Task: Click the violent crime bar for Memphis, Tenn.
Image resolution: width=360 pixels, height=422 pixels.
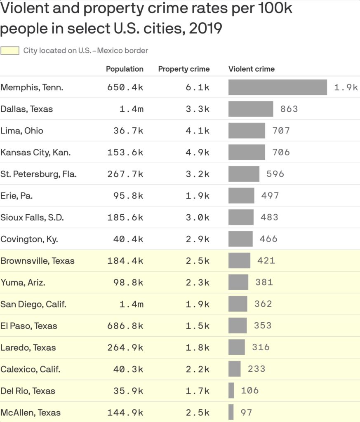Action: (278, 87)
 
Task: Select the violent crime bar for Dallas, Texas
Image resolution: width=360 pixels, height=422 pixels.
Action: (251, 109)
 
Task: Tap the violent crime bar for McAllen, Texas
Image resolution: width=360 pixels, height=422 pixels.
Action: (231, 413)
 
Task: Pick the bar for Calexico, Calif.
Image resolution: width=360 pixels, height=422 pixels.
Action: (234, 369)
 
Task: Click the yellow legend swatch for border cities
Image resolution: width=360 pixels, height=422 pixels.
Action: (10, 51)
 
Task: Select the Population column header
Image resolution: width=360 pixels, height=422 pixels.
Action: (125, 69)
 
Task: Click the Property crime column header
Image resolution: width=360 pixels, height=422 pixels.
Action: (184, 69)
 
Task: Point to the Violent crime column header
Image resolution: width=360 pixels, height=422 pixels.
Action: (252, 69)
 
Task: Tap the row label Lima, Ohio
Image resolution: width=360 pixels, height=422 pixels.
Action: (22, 131)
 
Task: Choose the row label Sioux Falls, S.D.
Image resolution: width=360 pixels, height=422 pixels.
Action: (32, 218)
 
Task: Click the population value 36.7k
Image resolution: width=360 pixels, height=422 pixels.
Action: (128, 131)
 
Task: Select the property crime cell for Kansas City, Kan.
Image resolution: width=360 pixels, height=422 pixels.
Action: (198, 152)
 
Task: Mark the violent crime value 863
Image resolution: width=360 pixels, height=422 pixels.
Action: (289, 109)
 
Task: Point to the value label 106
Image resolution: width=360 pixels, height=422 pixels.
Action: (249, 391)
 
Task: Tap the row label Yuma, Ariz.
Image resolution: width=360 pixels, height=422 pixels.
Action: (23, 283)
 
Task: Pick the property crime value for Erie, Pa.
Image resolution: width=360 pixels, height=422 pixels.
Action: (198, 196)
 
